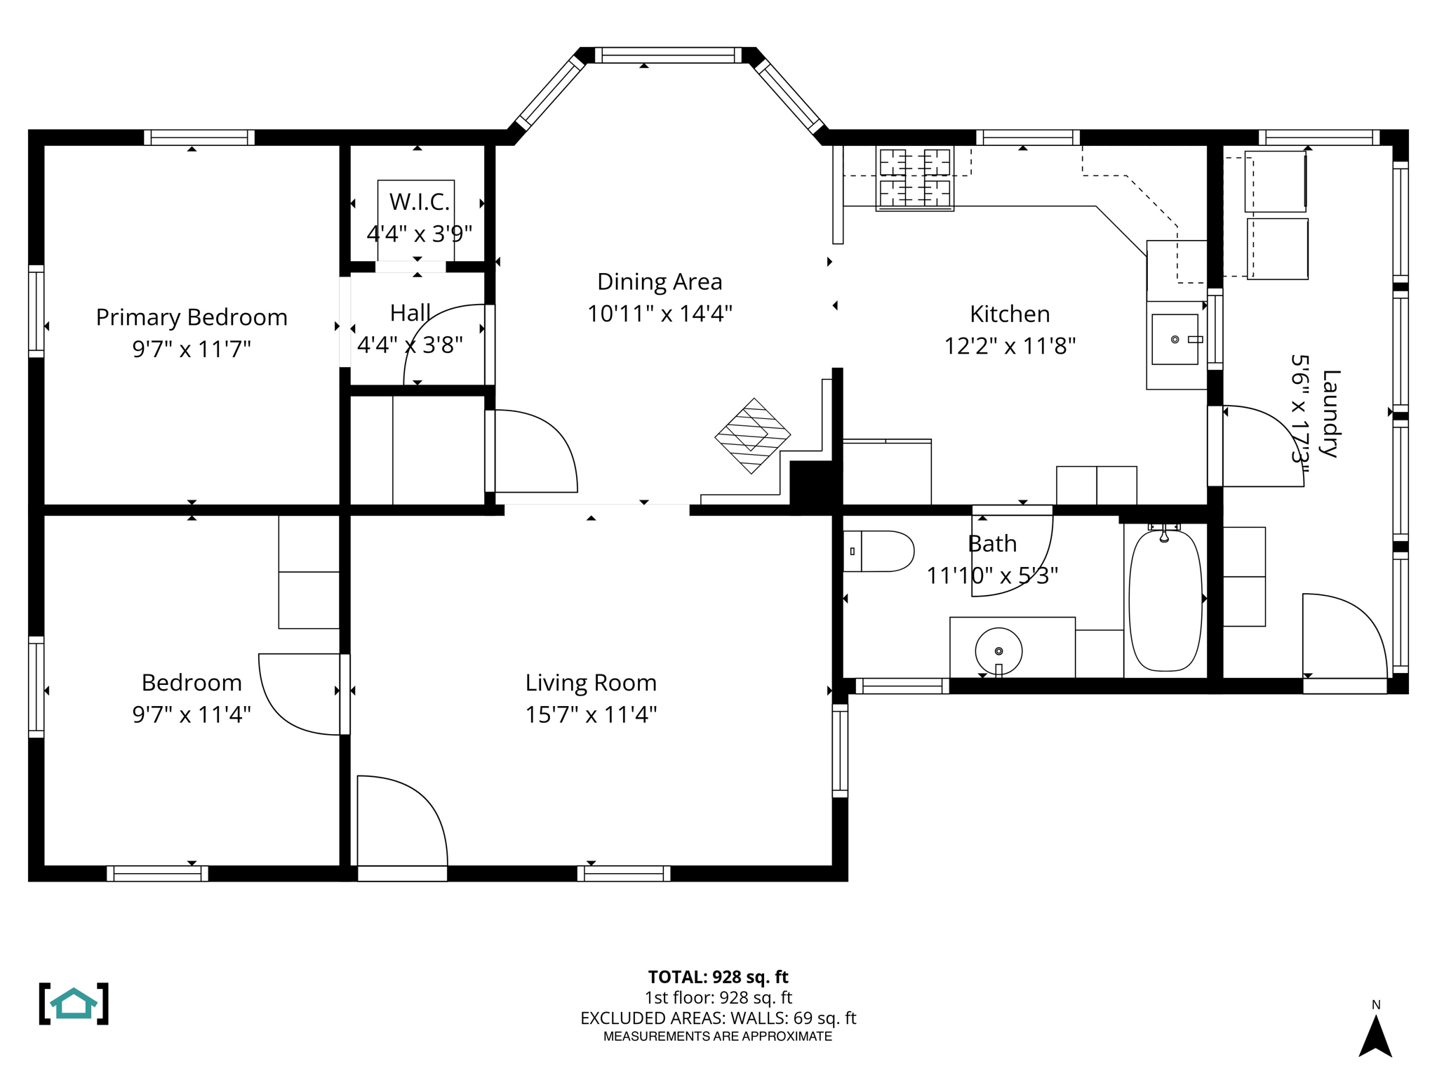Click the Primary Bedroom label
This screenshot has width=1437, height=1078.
pos(192,317)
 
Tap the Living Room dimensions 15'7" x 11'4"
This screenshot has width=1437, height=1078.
pos(591,714)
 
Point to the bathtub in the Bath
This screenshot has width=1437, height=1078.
pos(1165,601)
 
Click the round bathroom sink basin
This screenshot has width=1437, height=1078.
pos(998,651)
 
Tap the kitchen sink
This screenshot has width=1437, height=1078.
pos(1175,340)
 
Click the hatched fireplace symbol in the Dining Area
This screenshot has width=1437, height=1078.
pos(753,436)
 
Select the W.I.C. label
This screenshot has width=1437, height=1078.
pos(419,202)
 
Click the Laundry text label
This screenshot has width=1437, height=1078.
pos(1330,414)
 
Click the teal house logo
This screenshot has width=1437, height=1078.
pos(74,1004)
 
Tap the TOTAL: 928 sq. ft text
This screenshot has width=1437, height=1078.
pos(718,977)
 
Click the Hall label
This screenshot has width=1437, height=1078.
pos(410,312)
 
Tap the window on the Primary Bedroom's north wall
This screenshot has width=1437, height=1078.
pos(199,138)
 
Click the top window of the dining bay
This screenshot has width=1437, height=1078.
pos(668,55)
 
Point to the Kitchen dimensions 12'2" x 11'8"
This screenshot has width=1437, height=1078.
pos(1010,346)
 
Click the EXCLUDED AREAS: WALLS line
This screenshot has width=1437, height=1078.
pos(718,1018)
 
